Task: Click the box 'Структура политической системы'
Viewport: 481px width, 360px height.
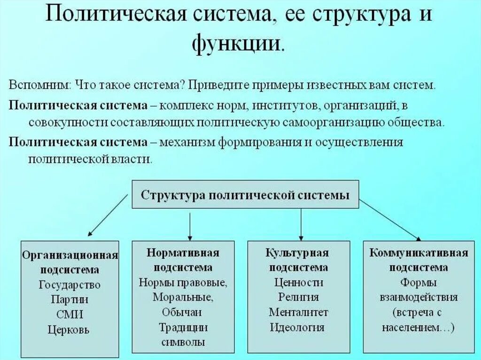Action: tap(245, 195)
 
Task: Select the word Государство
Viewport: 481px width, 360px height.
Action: tap(70, 285)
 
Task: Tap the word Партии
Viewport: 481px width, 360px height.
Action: tap(70, 299)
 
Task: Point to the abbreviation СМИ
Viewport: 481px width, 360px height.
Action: tap(70, 314)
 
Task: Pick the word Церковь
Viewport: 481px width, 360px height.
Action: tap(70, 329)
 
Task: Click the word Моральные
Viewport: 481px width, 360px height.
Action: tap(183, 297)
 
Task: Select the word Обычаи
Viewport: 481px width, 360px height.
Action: tap(183, 312)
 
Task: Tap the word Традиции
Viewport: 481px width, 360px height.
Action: tap(183, 327)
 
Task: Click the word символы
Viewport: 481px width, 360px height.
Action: tap(183, 342)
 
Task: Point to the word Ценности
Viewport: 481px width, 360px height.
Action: tap(298, 283)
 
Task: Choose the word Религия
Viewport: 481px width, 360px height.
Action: tap(298, 297)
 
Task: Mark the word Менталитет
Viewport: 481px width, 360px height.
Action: tap(298, 312)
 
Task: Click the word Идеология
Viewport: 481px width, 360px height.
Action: tap(298, 327)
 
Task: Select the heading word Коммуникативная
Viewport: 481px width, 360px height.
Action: tap(419, 253)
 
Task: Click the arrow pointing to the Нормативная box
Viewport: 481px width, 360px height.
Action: tap(189, 225)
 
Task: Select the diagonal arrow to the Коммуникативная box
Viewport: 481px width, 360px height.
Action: tap(390, 220)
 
